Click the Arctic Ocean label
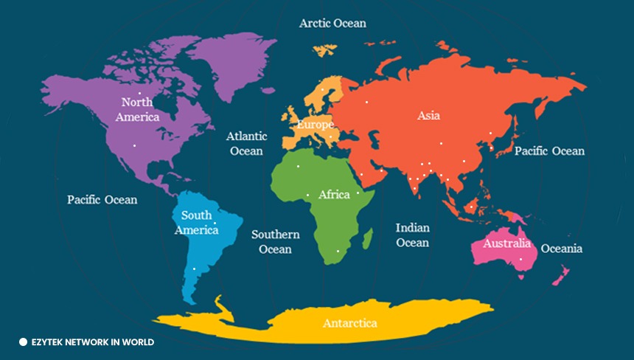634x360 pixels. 332,23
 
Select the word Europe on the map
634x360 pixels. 315,125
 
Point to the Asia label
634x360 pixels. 429,115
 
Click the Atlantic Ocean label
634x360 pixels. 246,143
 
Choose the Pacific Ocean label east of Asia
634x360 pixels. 549,150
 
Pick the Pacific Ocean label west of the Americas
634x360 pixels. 102,199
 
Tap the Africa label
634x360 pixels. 334,195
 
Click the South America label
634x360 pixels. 196,223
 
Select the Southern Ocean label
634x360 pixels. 275,241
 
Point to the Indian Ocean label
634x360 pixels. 412,235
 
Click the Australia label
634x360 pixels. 506,243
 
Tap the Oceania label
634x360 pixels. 561,249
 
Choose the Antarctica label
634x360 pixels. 349,323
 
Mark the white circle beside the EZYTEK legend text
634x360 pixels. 23,342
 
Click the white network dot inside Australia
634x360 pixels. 520,259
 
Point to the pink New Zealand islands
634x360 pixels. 560,276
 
